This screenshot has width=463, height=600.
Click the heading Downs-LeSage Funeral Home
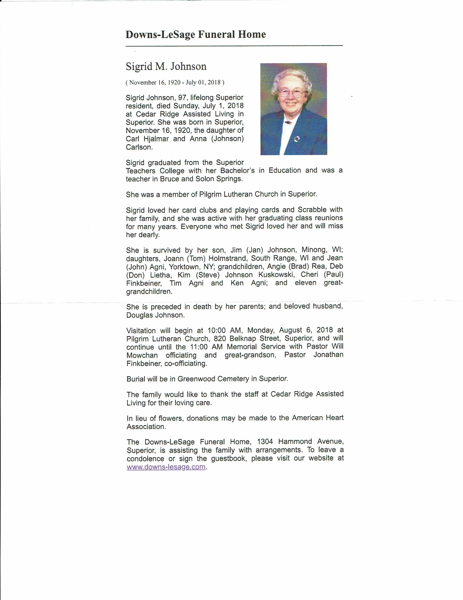click(x=195, y=35)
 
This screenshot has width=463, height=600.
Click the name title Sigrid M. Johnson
click(x=166, y=66)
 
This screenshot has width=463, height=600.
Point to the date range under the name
click(x=175, y=82)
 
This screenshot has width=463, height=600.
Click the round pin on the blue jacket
click(x=296, y=139)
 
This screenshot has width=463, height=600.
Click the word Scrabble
click(x=312, y=210)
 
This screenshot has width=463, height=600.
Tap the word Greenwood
click(x=196, y=379)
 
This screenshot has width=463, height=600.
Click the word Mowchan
click(x=142, y=355)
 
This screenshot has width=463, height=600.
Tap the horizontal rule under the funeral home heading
click(x=234, y=46)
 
